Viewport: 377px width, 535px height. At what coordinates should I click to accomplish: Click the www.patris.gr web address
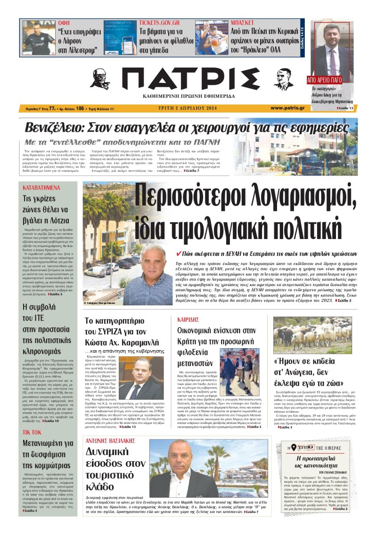pos(287,108)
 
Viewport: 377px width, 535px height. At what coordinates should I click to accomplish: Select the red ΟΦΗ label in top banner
pos(64,23)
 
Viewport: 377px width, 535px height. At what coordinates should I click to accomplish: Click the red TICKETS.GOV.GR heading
pos(159,23)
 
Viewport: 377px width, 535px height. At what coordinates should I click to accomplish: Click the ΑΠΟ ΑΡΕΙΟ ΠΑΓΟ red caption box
pos(331,80)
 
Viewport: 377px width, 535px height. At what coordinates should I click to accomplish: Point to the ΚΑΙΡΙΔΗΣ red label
pos(188,319)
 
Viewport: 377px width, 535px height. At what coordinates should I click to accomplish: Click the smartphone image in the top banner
pos(119,39)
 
